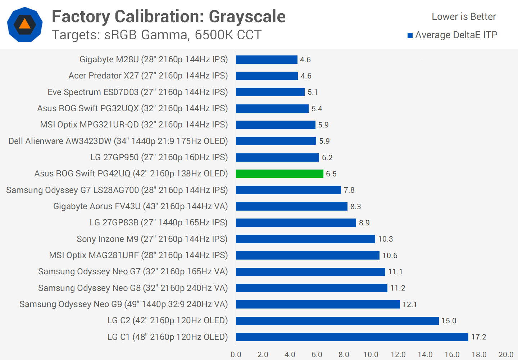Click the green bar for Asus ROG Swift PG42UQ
280,174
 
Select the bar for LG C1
352,337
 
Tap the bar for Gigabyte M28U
267,59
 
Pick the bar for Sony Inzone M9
305,239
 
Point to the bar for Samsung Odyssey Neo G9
318,304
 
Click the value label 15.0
449,321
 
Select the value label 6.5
331,174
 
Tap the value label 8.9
364,223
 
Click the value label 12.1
409,305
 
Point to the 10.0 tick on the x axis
371,355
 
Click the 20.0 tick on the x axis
506,355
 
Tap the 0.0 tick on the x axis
236,355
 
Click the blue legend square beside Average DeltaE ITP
410,35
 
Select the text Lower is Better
464,17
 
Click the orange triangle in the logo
24,24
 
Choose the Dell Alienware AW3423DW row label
118,141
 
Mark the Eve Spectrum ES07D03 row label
138,92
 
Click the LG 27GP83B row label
159,222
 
